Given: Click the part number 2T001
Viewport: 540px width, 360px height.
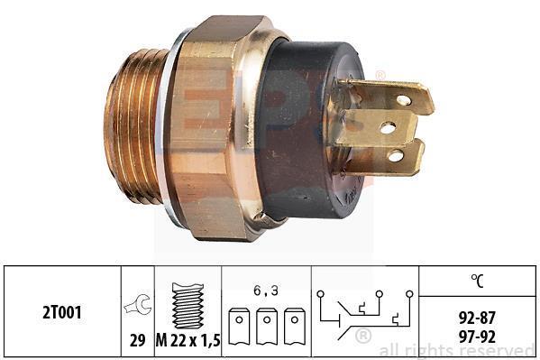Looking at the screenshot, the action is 62,312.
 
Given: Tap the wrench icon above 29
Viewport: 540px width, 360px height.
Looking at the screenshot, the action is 137,304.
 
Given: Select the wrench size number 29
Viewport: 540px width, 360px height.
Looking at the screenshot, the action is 137,341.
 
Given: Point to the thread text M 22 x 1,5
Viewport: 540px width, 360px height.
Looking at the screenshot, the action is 188,341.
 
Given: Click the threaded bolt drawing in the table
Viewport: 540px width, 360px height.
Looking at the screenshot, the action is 188,306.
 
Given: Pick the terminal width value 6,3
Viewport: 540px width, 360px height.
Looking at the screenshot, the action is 266,291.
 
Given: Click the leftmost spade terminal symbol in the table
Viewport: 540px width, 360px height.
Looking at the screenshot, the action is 239,327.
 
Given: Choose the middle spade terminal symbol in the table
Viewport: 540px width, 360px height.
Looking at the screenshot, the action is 267,327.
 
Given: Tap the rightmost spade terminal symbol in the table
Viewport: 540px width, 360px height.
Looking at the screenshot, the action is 295,327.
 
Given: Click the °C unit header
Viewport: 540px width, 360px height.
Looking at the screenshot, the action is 477,281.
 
